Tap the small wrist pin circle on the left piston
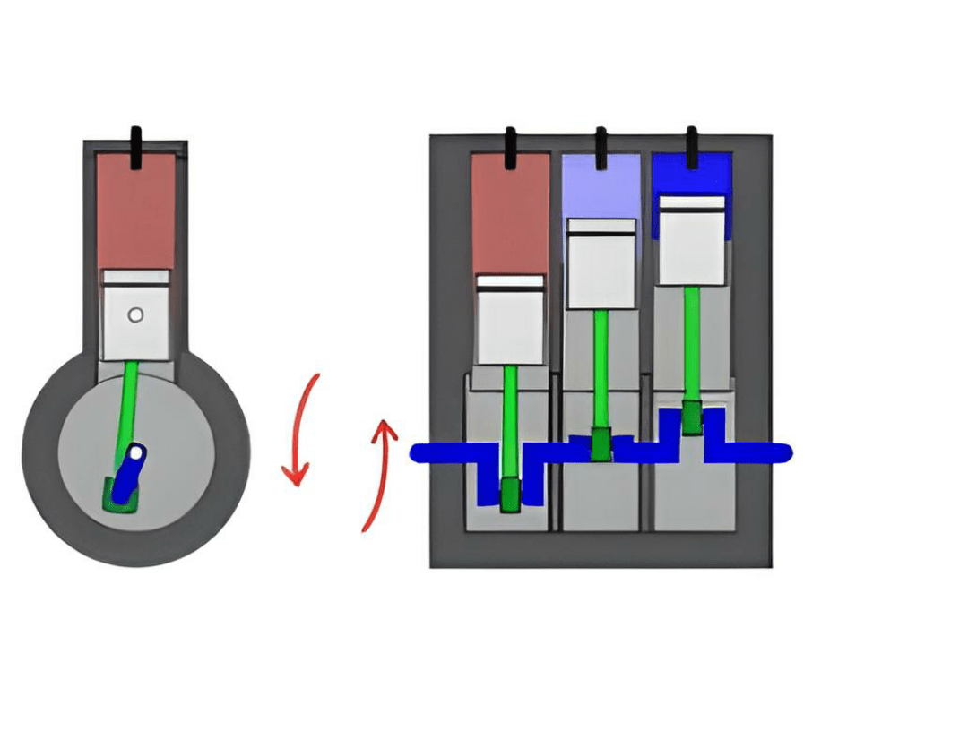[135, 314]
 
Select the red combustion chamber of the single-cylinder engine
[135, 211]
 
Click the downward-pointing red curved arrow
[301, 430]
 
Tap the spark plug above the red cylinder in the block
[510, 147]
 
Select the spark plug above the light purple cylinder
[601, 147]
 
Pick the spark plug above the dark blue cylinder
[691, 147]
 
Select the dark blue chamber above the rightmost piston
[691, 175]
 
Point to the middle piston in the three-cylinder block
[601, 263]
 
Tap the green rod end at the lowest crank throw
[510, 494]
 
